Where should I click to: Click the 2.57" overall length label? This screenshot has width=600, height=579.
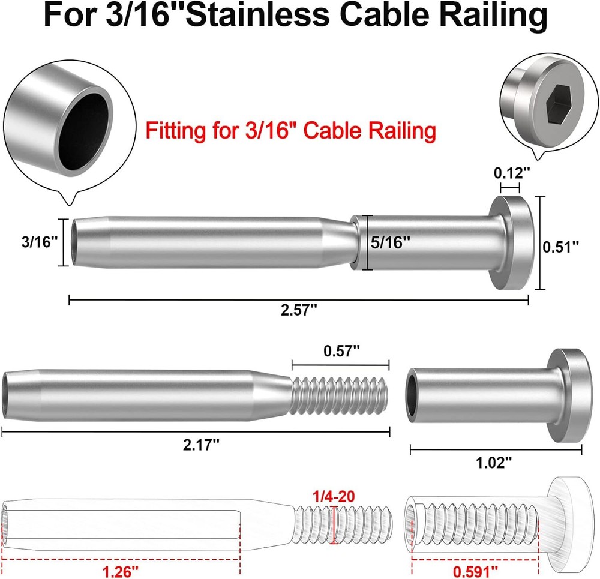click(298, 311)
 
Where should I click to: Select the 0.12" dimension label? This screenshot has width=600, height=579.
click(512, 173)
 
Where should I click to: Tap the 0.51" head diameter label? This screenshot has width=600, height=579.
click(560, 247)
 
